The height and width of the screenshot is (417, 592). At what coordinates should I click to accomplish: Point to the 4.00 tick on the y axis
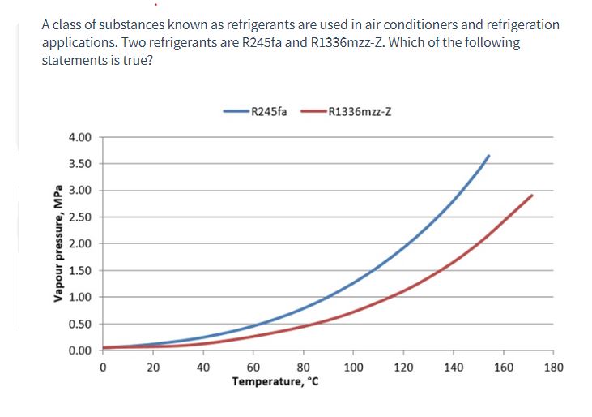tap(81, 138)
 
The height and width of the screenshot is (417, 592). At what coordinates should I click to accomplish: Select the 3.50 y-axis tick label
tap(81, 165)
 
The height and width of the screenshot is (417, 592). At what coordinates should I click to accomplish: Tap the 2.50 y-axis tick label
tap(81, 217)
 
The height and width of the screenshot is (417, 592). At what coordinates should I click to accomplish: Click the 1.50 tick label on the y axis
tap(81, 271)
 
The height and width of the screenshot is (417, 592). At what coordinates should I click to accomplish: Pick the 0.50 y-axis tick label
tap(81, 325)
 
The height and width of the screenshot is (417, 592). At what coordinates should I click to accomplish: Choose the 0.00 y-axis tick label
tap(81, 350)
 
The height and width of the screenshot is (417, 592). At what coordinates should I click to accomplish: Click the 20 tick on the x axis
tap(153, 367)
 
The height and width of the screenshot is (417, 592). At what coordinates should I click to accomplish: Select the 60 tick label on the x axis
tap(253, 367)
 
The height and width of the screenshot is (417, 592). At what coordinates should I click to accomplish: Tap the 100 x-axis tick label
tap(353, 367)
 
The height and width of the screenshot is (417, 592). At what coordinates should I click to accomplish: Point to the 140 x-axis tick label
tap(453, 367)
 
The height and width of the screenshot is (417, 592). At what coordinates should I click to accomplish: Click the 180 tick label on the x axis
tap(553, 367)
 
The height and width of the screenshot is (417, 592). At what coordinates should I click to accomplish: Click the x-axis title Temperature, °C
tap(275, 380)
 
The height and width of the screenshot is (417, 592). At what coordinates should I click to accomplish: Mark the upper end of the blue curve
tap(488, 156)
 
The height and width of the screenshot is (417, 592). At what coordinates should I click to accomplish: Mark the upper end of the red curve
tap(532, 196)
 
